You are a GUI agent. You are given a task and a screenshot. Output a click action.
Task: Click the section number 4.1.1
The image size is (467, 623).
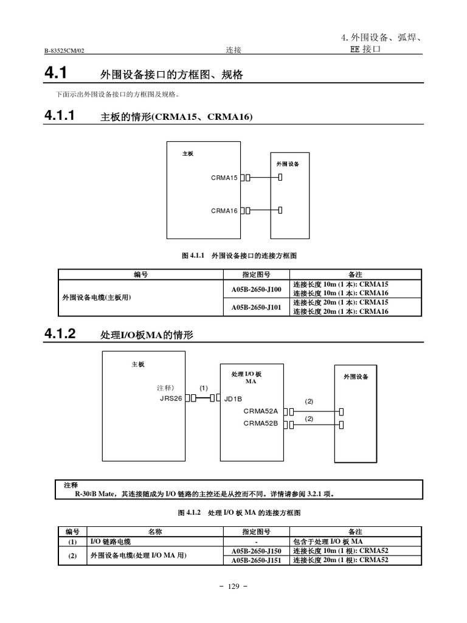(x=60, y=115)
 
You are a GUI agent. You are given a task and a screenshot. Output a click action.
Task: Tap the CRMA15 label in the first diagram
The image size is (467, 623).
(x=224, y=178)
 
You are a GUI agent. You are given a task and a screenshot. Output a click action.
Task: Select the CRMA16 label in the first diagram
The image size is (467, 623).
(x=224, y=211)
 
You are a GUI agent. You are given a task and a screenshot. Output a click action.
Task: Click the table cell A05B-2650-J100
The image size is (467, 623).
(x=256, y=289)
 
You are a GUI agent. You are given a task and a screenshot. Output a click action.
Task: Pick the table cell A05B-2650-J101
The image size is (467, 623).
(x=256, y=307)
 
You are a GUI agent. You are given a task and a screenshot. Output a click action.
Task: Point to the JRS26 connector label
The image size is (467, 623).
(x=171, y=399)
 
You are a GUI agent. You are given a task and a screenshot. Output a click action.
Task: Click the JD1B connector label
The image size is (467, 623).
(x=233, y=399)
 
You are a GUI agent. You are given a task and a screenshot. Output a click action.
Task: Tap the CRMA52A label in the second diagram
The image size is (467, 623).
(x=260, y=411)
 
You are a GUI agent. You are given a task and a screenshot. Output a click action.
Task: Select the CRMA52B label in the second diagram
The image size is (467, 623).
(x=260, y=423)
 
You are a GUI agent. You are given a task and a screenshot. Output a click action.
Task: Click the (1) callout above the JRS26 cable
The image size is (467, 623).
(x=204, y=388)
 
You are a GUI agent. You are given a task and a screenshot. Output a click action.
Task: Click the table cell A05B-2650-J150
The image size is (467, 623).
(x=256, y=551)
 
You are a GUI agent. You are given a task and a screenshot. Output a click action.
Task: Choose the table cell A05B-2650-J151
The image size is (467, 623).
(x=256, y=560)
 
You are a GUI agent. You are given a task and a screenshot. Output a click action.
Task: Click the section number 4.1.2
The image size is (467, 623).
(x=60, y=333)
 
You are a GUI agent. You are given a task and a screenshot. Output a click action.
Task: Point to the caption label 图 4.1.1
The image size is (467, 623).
(x=195, y=256)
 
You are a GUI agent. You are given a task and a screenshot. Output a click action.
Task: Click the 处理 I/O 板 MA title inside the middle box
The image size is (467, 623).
(x=246, y=377)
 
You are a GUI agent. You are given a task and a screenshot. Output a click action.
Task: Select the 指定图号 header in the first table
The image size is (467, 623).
(x=256, y=274)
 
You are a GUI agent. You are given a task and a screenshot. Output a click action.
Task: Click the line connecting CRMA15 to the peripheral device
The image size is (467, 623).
(x=264, y=178)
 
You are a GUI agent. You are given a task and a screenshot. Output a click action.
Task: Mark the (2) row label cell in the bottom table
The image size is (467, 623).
(x=72, y=555)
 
